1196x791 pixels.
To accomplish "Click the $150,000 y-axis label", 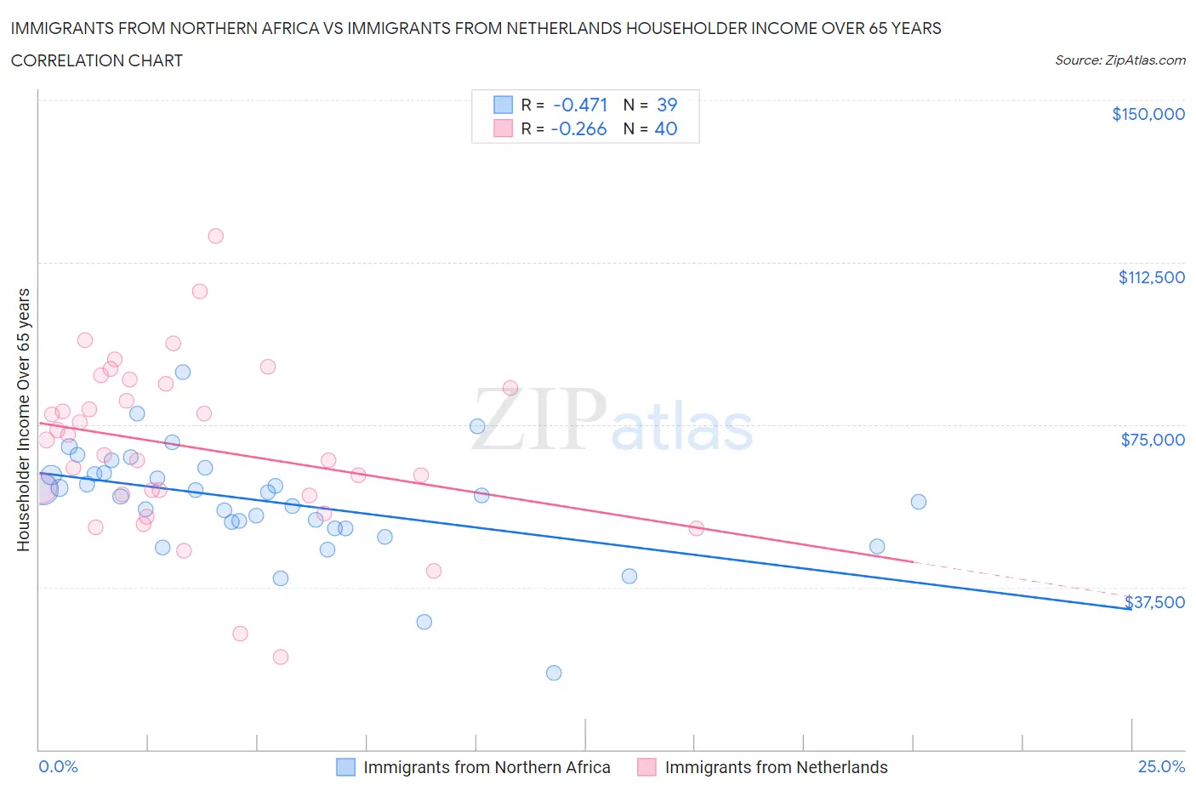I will point(1148,114).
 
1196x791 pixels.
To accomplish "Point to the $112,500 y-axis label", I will point(1151,277).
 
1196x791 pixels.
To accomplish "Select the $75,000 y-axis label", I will point(1153,440).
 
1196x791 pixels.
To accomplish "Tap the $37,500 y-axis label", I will point(1154,602).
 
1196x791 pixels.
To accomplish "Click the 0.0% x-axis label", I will point(58,766).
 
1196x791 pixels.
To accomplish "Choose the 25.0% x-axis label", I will point(1161,766).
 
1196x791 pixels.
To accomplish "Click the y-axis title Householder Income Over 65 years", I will point(24,419).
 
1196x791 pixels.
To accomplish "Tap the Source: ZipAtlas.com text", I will point(1119,60).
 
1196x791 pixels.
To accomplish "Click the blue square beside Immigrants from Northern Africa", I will point(345,767).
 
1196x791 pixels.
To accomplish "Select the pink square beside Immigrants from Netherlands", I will point(646,767).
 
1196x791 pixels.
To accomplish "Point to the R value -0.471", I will point(579,105).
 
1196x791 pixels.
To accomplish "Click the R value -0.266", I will point(578,129).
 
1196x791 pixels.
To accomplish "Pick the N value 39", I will point(667,105).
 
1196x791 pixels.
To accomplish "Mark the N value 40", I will point(666,129).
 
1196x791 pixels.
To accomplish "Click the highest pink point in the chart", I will point(215,236).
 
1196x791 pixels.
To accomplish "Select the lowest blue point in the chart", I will point(554,673).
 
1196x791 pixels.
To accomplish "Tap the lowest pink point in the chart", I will point(280,657).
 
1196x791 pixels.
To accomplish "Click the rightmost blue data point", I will point(918,502).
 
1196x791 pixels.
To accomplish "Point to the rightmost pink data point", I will point(696,528).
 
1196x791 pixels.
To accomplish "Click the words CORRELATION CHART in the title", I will point(97,60).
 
